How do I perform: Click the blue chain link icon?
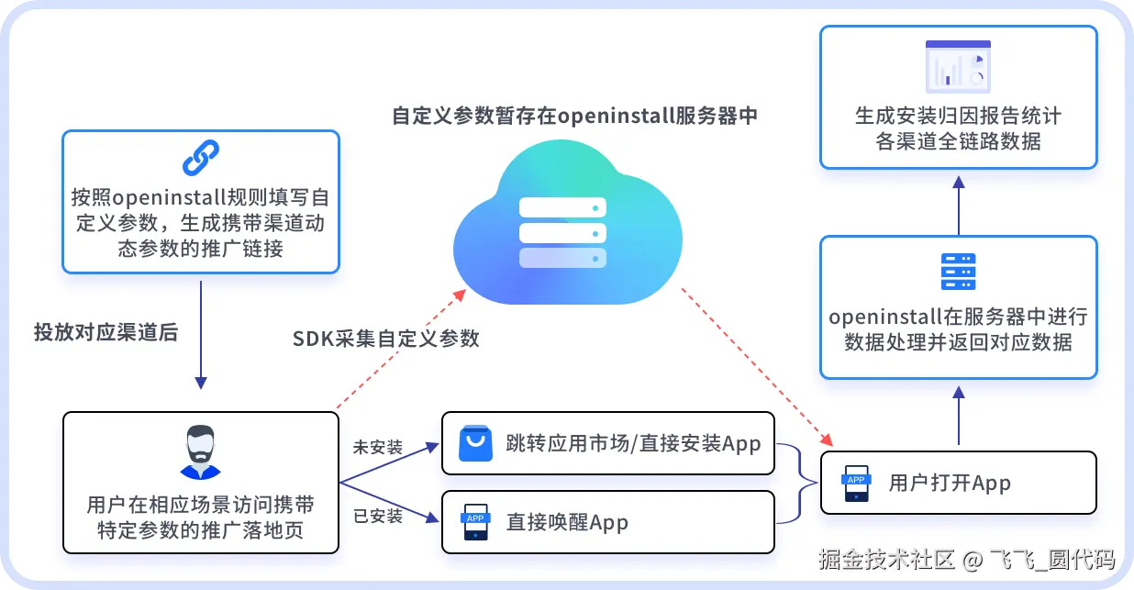[200, 158]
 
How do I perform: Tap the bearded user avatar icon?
[200, 451]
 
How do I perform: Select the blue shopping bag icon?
[475, 444]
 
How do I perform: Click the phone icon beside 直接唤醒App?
[475, 522]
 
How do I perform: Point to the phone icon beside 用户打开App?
[856, 484]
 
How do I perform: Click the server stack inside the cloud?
[563, 233]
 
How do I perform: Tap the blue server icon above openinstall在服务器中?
[958, 273]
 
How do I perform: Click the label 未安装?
[378, 448]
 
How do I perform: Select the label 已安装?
[378, 516]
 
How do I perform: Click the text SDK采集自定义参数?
[386, 339]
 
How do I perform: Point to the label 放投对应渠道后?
[106, 332]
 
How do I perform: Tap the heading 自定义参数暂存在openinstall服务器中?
[574, 117]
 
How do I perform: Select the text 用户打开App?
[950, 484]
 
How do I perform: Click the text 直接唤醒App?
[567, 523]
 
